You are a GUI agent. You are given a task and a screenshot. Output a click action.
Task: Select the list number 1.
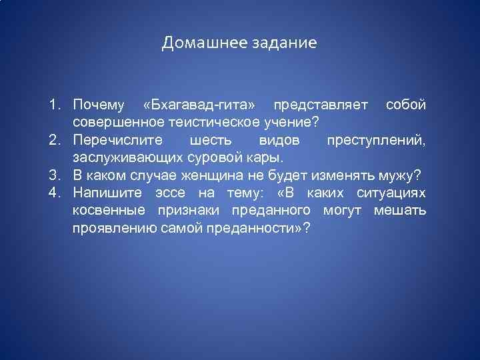(53, 105)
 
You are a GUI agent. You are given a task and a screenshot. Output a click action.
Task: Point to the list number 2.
(53, 140)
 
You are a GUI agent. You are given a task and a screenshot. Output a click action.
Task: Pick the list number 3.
(53, 175)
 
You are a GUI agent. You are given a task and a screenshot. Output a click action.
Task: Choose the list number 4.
(53, 193)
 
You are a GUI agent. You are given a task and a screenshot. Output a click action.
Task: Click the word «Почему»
(99, 105)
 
